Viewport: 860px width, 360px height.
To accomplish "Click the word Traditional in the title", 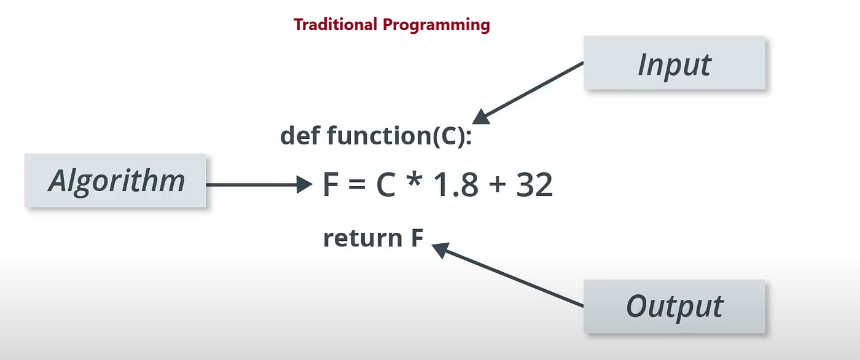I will (x=335, y=25).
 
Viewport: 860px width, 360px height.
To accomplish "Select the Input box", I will (x=674, y=64).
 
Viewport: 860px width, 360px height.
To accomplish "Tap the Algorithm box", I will (x=116, y=181).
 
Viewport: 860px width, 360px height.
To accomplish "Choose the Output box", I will (x=674, y=306).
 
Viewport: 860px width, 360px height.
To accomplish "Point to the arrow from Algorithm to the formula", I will (x=258, y=184).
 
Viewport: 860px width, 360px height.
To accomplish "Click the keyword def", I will (x=300, y=135).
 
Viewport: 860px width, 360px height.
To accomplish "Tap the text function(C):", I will (x=399, y=135).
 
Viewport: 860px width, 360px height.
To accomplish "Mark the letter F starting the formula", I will (x=331, y=184).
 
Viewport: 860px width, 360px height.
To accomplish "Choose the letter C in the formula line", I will (x=385, y=184).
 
